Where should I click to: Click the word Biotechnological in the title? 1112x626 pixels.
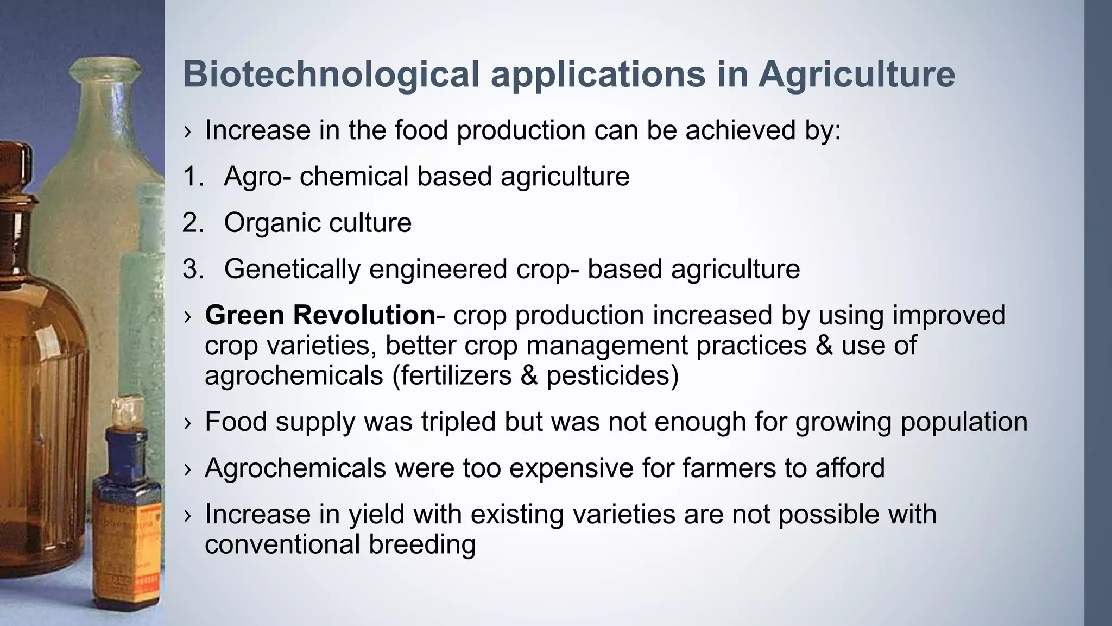pyautogui.click(x=331, y=74)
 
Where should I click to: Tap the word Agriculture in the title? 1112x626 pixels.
pyautogui.click(x=856, y=74)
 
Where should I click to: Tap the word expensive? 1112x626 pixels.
pyautogui.click(x=571, y=468)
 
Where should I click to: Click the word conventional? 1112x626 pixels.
pyautogui.click(x=282, y=544)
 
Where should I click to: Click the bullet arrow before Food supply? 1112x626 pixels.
pyautogui.click(x=188, y=423)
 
